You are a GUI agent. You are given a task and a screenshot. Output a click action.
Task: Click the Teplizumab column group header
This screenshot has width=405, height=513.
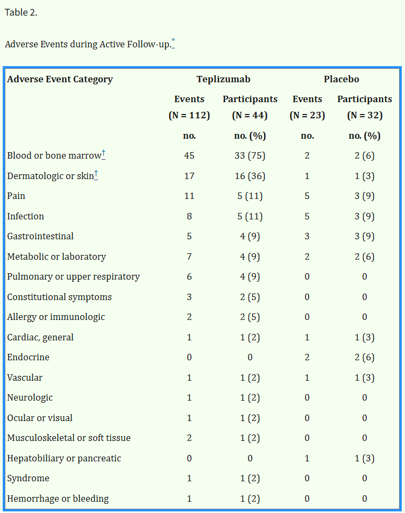click(223, 79)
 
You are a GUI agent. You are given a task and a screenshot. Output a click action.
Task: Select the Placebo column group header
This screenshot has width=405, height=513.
click(341, 79)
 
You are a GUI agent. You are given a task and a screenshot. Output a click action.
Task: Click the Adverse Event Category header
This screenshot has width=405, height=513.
click(60, 79)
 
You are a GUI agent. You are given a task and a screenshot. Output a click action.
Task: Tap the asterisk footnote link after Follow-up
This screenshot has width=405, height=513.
click(173, 41)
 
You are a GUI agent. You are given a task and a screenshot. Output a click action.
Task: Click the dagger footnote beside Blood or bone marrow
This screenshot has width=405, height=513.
click(103, 154)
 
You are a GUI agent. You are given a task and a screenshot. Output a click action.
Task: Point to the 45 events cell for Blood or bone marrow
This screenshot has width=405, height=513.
click(189, 155)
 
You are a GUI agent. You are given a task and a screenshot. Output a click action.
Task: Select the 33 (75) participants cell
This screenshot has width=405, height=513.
click(250, 155)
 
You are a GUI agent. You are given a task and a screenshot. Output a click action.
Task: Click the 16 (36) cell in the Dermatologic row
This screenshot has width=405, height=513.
click(250, 176)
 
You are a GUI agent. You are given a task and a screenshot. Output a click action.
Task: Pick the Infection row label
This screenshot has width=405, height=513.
click(25, 216)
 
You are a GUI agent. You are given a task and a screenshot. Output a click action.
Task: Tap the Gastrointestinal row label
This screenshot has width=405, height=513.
click(40, 236)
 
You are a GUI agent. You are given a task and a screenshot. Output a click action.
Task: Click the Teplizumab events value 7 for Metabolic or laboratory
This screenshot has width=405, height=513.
click(189, 256)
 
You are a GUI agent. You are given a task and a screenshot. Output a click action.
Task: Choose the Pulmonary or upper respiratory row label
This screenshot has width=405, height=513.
click(73, 276)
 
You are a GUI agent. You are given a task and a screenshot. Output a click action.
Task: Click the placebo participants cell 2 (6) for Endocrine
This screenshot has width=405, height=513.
click(364, 357)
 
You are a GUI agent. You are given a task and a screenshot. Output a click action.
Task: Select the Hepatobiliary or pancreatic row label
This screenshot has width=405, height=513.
click(64, 458)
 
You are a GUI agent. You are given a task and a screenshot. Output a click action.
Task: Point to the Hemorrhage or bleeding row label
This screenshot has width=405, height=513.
click(58, 498)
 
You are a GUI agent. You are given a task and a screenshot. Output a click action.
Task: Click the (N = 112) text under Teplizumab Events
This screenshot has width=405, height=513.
click(189, 115)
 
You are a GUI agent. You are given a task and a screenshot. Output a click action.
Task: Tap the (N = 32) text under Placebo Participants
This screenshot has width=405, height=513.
click(364, 115)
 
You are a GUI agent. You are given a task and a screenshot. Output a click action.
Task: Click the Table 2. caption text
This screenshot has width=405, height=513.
click(21, 12)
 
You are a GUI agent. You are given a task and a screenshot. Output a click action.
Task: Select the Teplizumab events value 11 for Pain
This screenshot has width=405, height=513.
click(189, 196)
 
